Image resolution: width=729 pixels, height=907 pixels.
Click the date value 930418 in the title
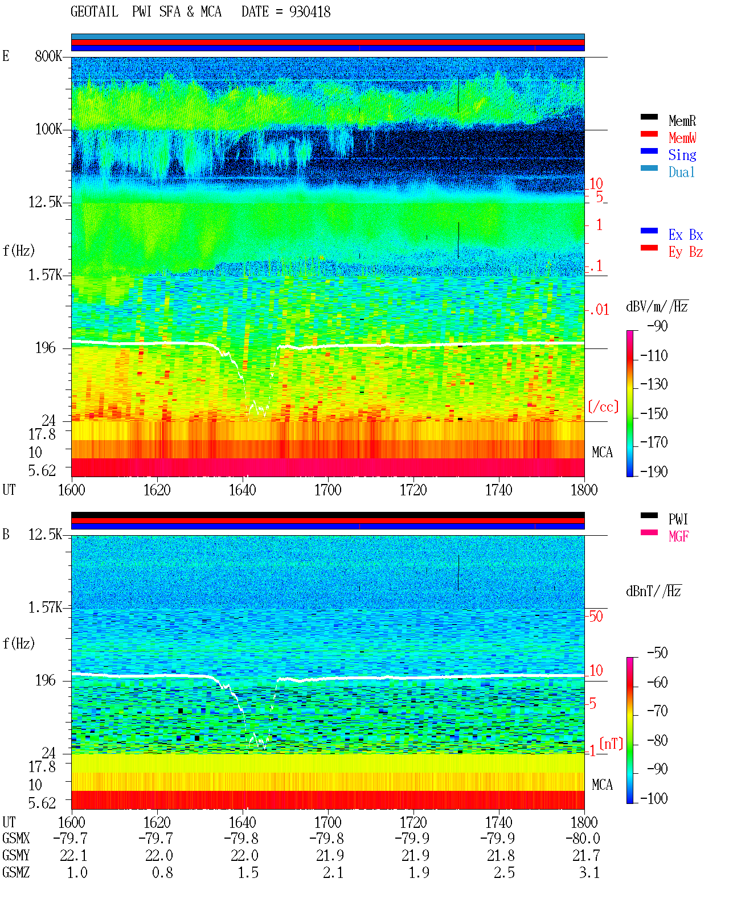pos(309,12)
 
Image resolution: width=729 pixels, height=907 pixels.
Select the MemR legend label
pos(682,121)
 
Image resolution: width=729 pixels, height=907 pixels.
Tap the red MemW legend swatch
pos(649,134)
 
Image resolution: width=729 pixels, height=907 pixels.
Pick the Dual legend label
pos(681,172)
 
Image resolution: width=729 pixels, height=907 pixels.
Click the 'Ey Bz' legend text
pos(685,252)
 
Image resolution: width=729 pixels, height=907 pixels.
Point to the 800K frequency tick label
pos(48,56)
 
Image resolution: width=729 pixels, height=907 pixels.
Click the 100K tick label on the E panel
pos(48,129)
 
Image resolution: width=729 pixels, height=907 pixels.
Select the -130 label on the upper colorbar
pos(654,384)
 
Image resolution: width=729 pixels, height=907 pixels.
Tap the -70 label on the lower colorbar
pos(657,711)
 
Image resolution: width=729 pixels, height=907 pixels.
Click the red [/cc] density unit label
pos(603,407)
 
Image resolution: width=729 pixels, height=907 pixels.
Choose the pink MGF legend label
pos(678,536)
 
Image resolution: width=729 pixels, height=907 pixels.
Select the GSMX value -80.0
pos(583,838)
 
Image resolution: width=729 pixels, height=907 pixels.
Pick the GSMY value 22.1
pos(73,855)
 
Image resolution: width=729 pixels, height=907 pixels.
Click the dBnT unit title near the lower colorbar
pos(653,592)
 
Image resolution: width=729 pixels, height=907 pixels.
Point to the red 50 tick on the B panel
pos(596,617)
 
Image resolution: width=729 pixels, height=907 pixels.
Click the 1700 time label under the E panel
pos(327,490)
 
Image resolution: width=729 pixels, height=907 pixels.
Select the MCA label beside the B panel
pos(602,785)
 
